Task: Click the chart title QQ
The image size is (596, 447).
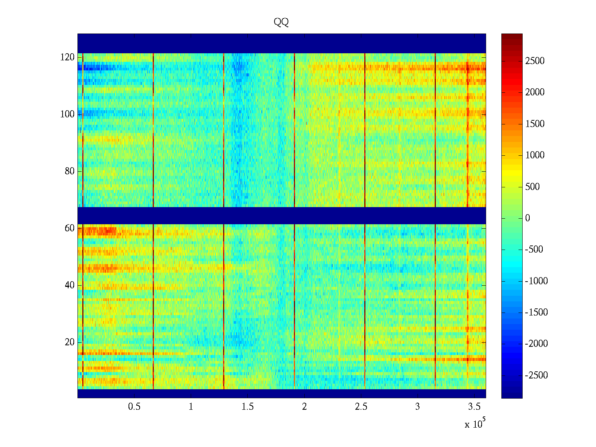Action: click(281, 22)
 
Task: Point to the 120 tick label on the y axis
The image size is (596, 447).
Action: click(67, 57)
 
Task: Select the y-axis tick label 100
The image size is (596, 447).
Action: click(67, 114)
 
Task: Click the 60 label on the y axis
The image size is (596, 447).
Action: click(70, 228)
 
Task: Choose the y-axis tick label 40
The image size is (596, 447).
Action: click(70, 285)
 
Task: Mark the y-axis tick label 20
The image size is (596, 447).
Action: click(70, 342)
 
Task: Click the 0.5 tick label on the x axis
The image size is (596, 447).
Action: click(134, 407)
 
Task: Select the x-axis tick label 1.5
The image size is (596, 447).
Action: click(248, 407)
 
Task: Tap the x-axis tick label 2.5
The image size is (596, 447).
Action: click(361, 407)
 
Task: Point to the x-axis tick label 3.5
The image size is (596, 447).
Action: click(474, 407)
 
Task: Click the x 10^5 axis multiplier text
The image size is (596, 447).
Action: click(475, 424)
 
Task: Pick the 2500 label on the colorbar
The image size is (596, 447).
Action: click(535, 61)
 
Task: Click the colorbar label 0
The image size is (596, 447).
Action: click(527, 218)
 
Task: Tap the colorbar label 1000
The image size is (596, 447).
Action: click(535, 155)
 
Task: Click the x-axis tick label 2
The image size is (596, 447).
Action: click(304, 407)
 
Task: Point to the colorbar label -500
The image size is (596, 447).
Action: click(534, 250)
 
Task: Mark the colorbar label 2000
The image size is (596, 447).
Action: click(535, 92)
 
